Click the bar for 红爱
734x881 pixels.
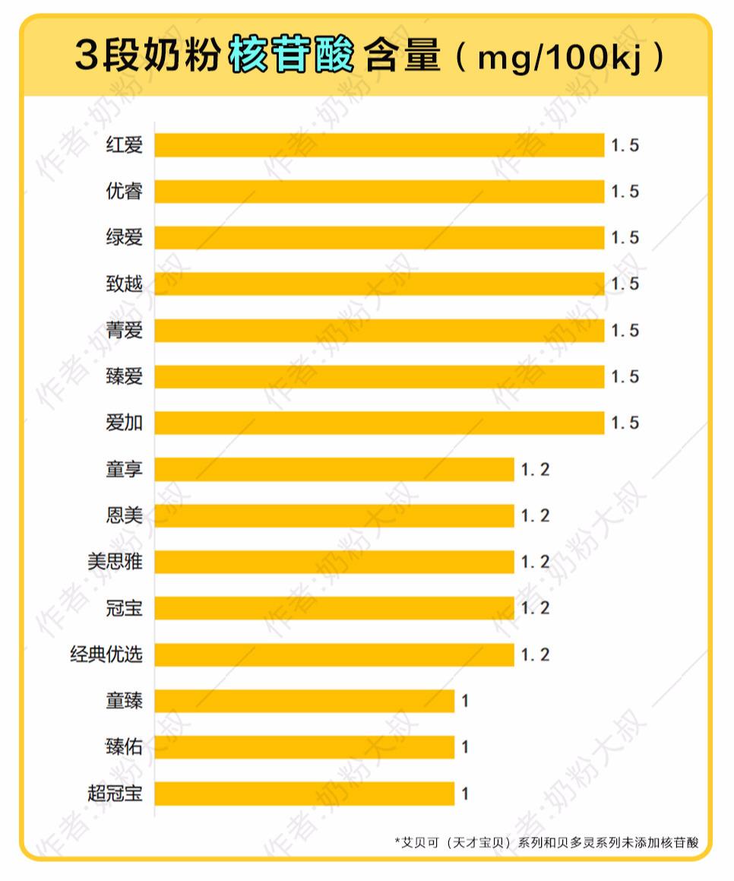point(379,145)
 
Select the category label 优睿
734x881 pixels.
point(124,192)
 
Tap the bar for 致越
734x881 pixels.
point(379,284)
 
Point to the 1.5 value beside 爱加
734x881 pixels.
point(625,423)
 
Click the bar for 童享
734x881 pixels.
point(334,470)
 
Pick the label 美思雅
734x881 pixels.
point(115,563)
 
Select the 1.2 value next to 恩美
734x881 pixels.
point(535,516)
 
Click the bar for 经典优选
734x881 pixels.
point(334,654)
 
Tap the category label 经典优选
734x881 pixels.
point(106,654)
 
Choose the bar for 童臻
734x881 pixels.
point(304,701)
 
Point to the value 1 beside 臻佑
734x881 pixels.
point(465,748)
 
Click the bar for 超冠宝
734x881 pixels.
point(304,794)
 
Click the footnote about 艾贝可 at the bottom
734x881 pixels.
point(546,842)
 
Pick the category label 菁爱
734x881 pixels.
point(124,331)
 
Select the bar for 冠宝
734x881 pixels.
point(334,608)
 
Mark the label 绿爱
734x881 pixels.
point(124,238)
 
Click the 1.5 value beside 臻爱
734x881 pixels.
point(625,377)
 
